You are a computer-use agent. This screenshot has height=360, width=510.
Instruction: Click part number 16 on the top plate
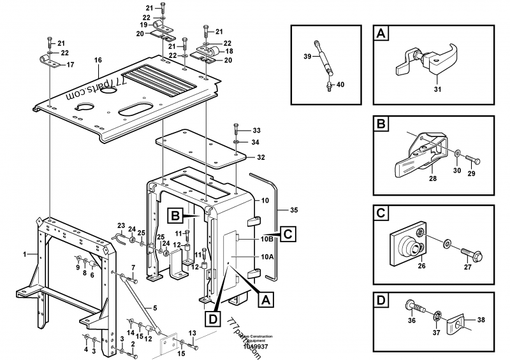point(98,61)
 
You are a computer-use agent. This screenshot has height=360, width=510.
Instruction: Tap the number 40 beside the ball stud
point(340,85)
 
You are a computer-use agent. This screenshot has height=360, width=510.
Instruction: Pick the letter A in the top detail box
point(381,33)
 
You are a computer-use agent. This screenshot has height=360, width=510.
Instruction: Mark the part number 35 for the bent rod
point(294,209)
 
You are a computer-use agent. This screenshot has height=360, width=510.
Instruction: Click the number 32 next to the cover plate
point(260,157)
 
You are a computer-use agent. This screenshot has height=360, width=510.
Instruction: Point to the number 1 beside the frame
point(25,254)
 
